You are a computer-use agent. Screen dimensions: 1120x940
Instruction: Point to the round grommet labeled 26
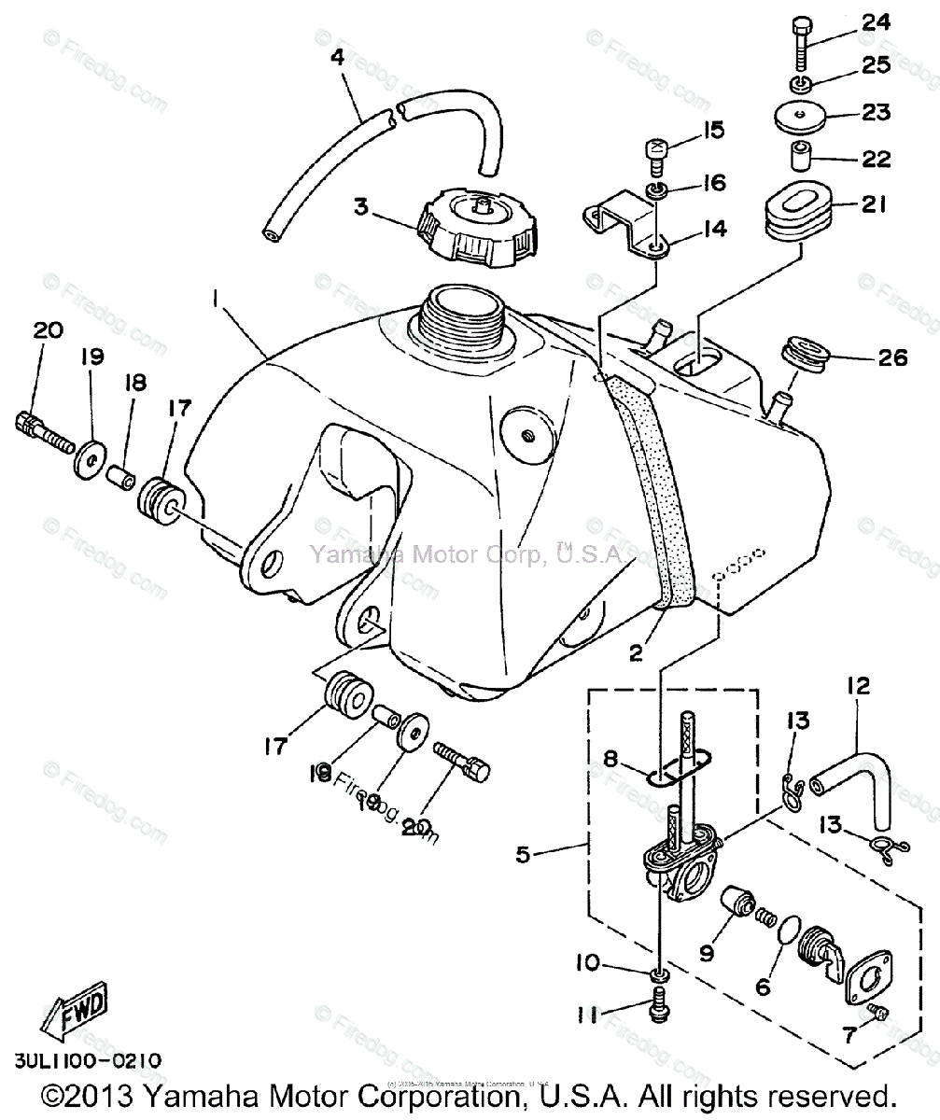[x=804, y=358]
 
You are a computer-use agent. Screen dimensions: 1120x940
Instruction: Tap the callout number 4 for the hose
[x=336, y=56]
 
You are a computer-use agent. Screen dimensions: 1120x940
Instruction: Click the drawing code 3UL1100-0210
[x=87, y=1061]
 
